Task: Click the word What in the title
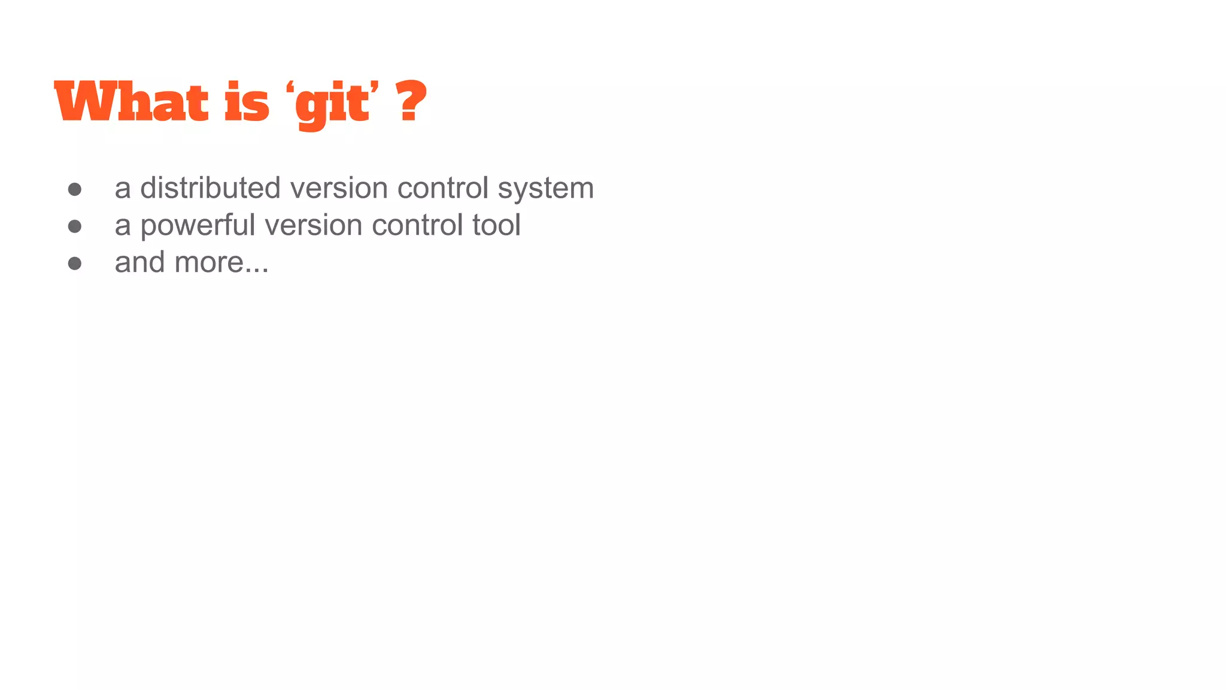click(x=131, y=102)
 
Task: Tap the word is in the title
click(x=247, y=102)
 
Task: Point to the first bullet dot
click(x=75, y=190)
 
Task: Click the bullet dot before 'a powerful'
click(x=75, y=226)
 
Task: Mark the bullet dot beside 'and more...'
click(x=75, y=264)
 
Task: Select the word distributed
click(x=210, y=188)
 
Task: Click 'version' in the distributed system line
click(x=339, y=188)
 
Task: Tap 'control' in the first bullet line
click(x=444, y=188)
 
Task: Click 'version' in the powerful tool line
click(x=313, y=226)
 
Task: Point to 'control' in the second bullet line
click(x=418, y=225)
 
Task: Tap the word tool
click(x=496, y=225)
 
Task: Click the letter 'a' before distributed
click(x=123, y=189)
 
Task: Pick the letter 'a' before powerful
click(x=123, y=226)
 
